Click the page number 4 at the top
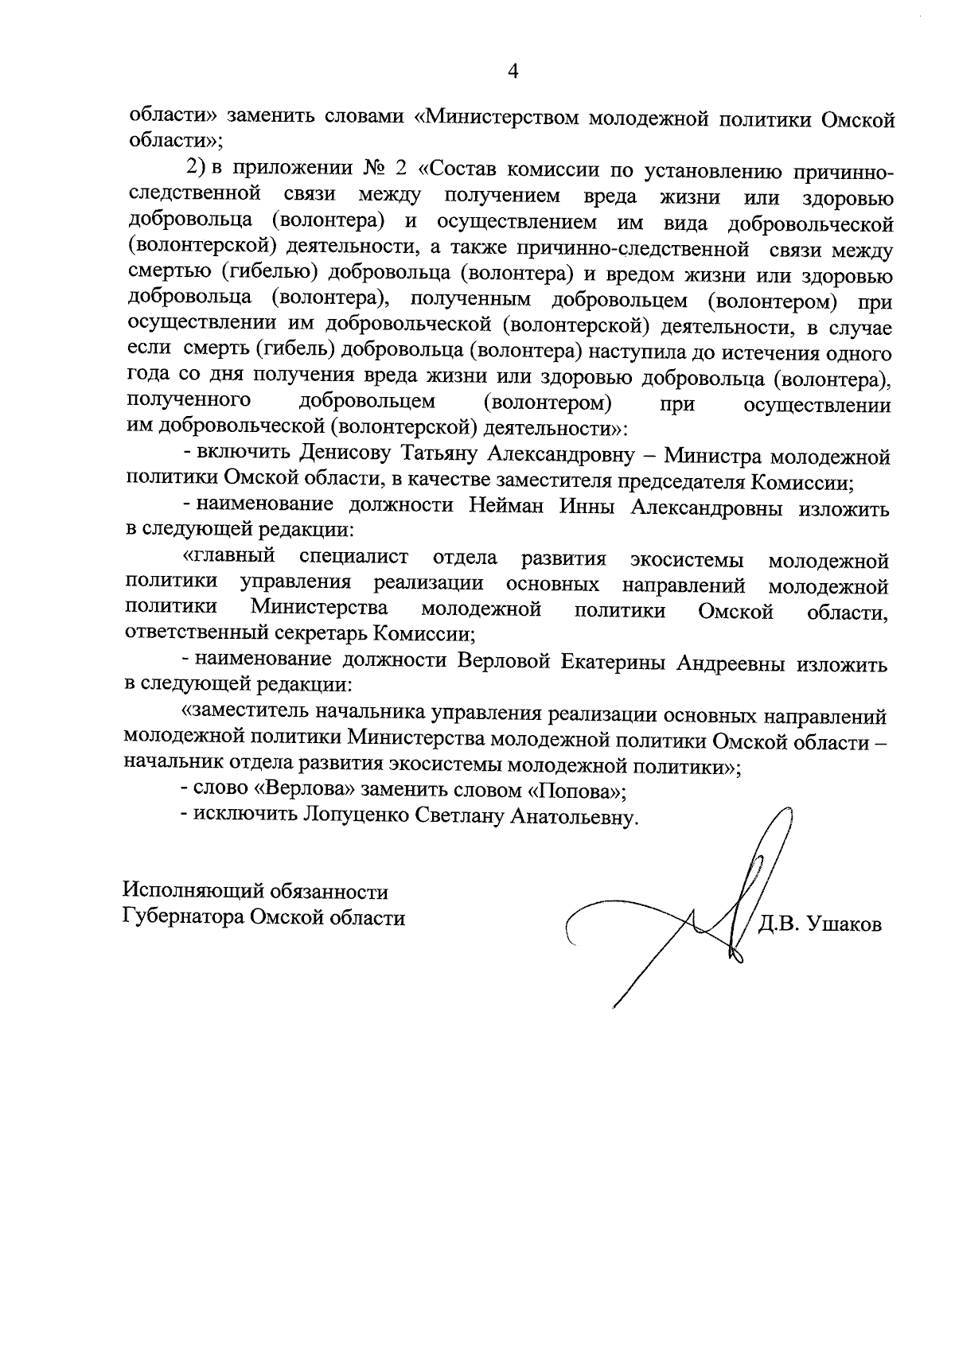click(x=513, y=72)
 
